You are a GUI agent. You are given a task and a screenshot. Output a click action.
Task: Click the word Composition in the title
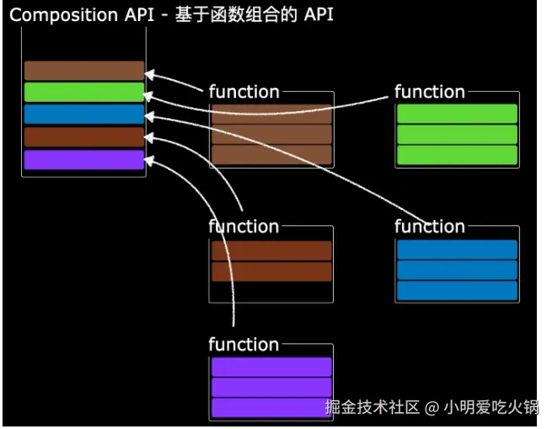pyautogui.click(x=63, y=15)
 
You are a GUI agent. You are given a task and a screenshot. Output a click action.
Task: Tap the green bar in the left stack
pyautogui.click(x=84, y=92)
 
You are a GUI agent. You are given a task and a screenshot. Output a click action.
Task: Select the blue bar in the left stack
pyautogui.click(x=84, y=114)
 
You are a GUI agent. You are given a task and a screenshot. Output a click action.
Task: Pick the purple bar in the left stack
pyautogui.click(x=84, y=159)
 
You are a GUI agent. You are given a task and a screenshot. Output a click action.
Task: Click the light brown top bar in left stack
pyautogui.click(x=84, y=71)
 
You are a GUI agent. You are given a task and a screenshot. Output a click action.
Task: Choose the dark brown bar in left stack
pyautogui.click(x=84, y=137)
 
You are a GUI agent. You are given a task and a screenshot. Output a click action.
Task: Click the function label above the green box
pyautogui.click(x=430, y=92)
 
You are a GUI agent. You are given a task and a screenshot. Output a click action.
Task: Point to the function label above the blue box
pyautogui.click(x=430, y=226)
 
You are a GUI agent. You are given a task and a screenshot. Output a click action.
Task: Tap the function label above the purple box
pyautogui.click(x=244, y=344)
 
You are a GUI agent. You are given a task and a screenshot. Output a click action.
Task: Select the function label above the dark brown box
pyautogui.click(x=244, y=226)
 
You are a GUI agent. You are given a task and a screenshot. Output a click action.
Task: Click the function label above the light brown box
pyautogui.click(x=244, y=92)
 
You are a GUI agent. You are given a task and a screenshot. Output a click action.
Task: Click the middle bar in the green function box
pyautogui.click(x=457, y=134)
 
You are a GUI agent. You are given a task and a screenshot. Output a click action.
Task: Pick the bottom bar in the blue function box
pyautogui.click(x=457, y=290)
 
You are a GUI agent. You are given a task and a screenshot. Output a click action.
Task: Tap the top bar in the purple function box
pyautogui.click(x=271, y=367)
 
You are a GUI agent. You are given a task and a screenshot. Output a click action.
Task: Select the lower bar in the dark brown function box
pyautogui.click(x=271, y=271)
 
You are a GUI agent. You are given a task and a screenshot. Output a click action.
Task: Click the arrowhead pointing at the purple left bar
pyautogui.click(x=149, y=161)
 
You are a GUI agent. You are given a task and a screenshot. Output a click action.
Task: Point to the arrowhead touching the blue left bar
pyautogui.click(x=150, y=116)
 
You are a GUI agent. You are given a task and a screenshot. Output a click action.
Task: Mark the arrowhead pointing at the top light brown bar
pyautogui.click(x=150, y=75)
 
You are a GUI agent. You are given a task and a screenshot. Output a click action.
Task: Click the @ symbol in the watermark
pyautogui.click(x=432, y=408)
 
